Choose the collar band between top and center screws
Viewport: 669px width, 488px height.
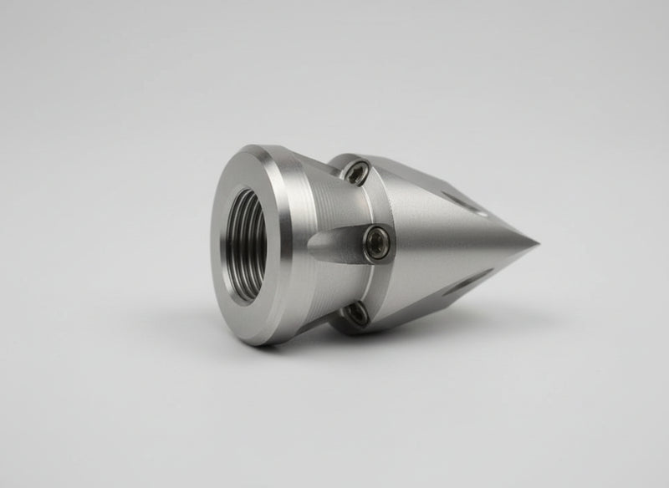[x=372, y=205]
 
